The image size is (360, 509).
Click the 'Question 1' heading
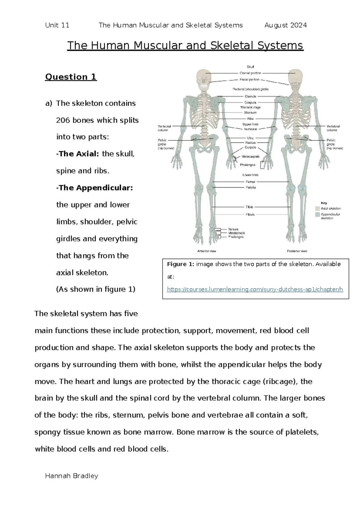(x=71, y=77)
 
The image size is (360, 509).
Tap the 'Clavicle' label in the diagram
(x=250, y=96)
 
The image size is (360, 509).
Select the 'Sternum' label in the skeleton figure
(x=250, y=113)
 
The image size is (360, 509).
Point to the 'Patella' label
(x=250, y=187)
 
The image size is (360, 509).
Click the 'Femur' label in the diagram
(x=250, y=182)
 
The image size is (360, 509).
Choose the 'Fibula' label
(x=250, y=214)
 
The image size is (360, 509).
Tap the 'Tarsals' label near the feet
(x=233, y=229)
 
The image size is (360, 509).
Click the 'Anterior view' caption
(x=207, y=251)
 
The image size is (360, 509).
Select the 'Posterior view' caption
(x=297, y=251)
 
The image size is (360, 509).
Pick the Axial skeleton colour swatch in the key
(x=317, y=208)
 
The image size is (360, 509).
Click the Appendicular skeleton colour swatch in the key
(x=317, y=215)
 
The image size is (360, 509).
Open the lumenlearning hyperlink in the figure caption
(x=255, y=290)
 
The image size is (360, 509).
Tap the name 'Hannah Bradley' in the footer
(x=71, y=476)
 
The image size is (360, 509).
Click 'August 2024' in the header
(x=286, y=25)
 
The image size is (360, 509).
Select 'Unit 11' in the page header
(x=57, y=25)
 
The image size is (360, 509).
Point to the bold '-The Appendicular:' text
(x=94, y=188)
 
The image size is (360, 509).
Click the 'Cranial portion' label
(x=250, y=73)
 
